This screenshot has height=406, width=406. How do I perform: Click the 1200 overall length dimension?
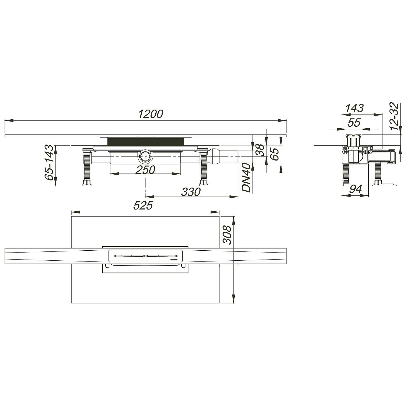(151, 114)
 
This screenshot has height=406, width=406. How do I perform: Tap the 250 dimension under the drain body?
(145, 170)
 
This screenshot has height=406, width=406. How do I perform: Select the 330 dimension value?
(191, 192)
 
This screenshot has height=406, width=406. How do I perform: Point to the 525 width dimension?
(143, 206)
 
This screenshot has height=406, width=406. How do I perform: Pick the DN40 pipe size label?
(246, 178)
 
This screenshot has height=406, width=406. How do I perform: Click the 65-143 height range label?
(49, 163)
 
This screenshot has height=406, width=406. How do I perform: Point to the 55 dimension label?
(354, 123)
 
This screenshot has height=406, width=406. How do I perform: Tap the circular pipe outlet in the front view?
(146, 157)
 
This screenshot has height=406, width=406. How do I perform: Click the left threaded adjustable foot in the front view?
(87, 168)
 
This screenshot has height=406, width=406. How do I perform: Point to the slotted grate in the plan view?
(146, 256)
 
